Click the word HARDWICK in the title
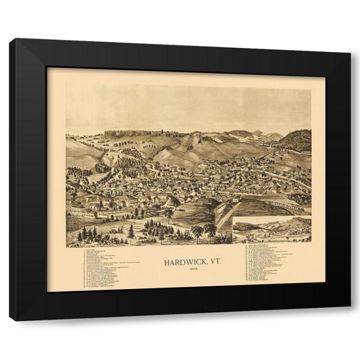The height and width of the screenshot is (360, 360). pos(177,259)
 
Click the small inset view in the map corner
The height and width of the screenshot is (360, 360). pos(272,230)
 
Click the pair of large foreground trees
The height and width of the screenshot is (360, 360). pos(203,232)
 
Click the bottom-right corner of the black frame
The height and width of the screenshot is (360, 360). pos(351,321)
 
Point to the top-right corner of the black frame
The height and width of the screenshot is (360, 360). pos(351,39)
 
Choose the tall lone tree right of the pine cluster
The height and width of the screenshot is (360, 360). pos(169,216)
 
